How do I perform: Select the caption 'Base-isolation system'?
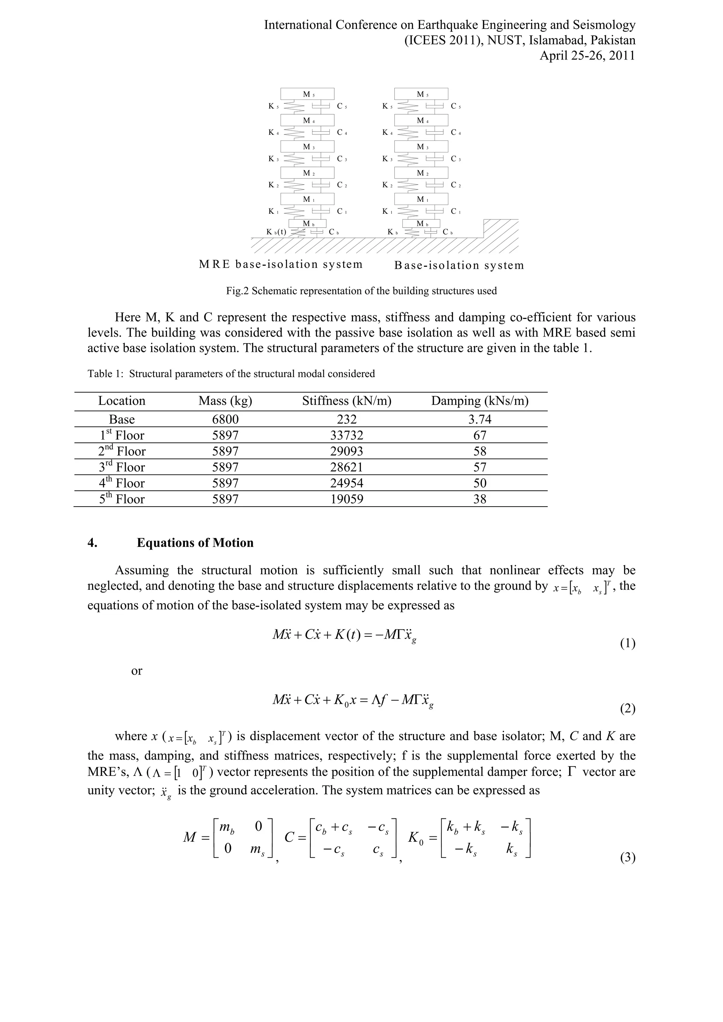459,266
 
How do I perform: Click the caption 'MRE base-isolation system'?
281,264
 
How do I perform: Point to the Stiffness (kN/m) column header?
347,401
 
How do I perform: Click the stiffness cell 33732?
347,435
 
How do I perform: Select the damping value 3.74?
480,419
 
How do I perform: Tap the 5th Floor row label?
121,499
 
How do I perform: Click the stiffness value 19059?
347,499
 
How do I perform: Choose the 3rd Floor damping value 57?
480,467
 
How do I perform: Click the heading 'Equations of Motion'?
195,543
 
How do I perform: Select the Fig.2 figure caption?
361,291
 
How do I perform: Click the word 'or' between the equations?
137,671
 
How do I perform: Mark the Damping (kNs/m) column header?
480,401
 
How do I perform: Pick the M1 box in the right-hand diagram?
421,199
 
